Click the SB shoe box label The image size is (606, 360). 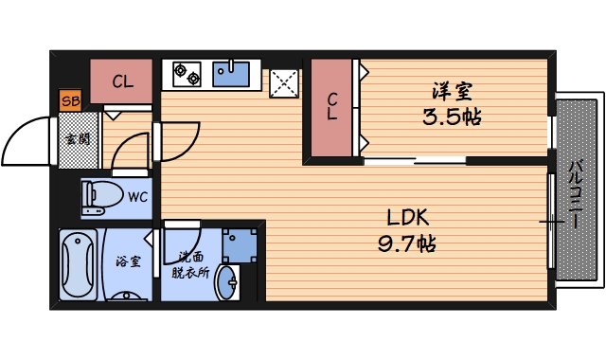pyautogui.click(x=70, y=99)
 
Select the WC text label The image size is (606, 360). pyautogui.click(x=138, y=198)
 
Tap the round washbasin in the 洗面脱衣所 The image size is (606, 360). pyautogui.click(x=227, y=282)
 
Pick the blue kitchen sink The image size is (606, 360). pyautogui.click(x=231, y=73)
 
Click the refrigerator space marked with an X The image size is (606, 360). pyautogui.click(x=282, y=82)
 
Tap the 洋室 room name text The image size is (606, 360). pyautogui.click(x=453, y=93)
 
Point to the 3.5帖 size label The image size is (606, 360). pyautogui.click(x=453, y=118)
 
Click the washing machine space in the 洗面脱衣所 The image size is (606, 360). pyautogui.click(x=240, y=243)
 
